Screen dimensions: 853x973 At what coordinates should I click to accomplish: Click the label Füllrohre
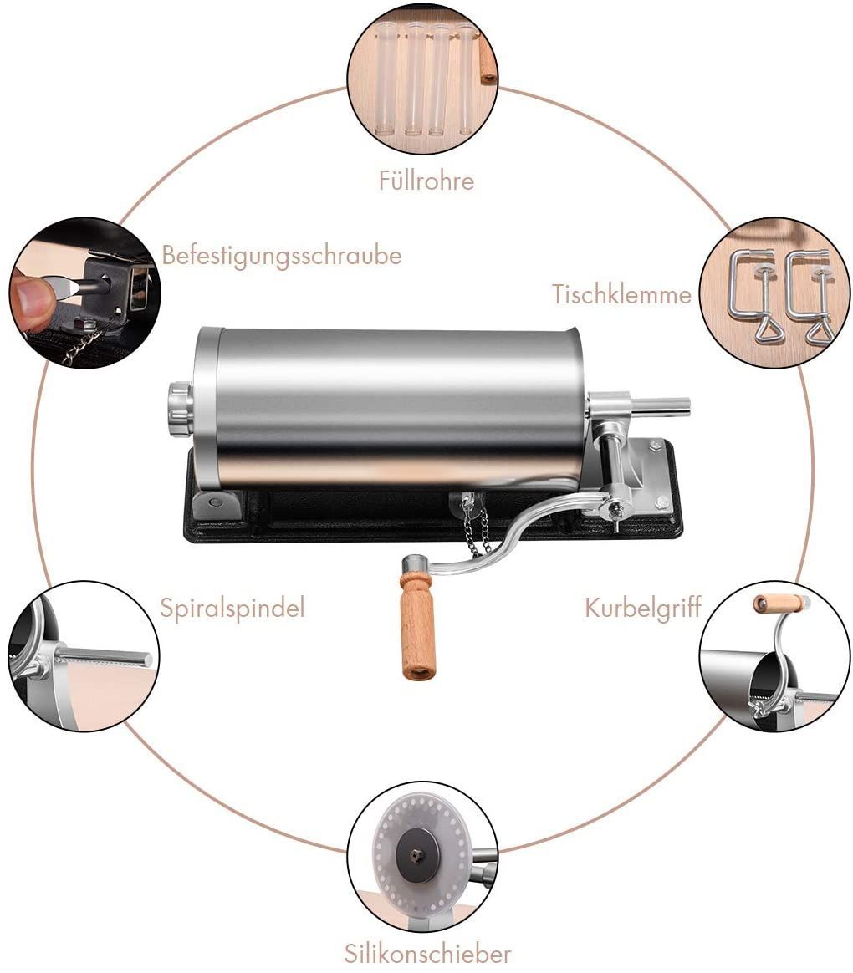(x=426, y=181)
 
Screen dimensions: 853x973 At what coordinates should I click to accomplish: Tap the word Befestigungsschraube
(x=282, y=256)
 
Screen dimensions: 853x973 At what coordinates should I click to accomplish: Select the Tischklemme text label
(x=621, y=293)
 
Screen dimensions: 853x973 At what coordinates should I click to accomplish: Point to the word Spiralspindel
(x=232, y=608)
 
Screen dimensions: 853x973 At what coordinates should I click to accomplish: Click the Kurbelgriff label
(x=643, y=608)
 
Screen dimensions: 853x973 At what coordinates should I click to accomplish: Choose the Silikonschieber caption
(x=427, y=953)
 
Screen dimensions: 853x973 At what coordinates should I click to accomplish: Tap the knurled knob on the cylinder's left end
(x=180, y=409)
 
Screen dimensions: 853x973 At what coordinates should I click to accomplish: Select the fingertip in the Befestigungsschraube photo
(x=31, y=297)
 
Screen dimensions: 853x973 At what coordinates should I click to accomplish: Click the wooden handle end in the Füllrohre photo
(x=488, y=59)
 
